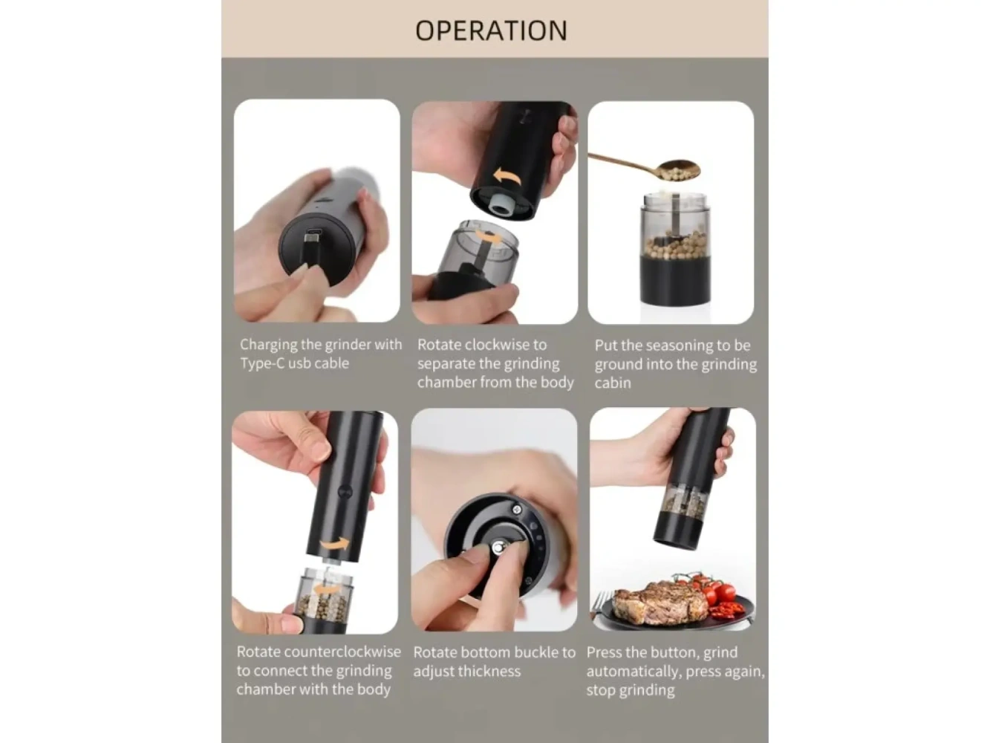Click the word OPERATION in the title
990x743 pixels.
pyautogui.click(x=491, y=30)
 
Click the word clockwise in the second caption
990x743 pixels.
pyautogui.click(x=505, y=345)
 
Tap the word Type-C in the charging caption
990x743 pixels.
pyautogui.click(x=262, y=363)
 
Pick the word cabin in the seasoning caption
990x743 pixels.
pyautogui.click(x=613, y=383)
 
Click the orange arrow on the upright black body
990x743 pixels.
pyautogui.click(x=335, y=544)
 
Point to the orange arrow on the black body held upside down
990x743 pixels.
pyautogui.click(x=507, y=176)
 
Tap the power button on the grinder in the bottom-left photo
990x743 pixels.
pyautogui.click(x=345, y=492)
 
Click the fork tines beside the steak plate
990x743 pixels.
pyautogui.click(x=602, y=600)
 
